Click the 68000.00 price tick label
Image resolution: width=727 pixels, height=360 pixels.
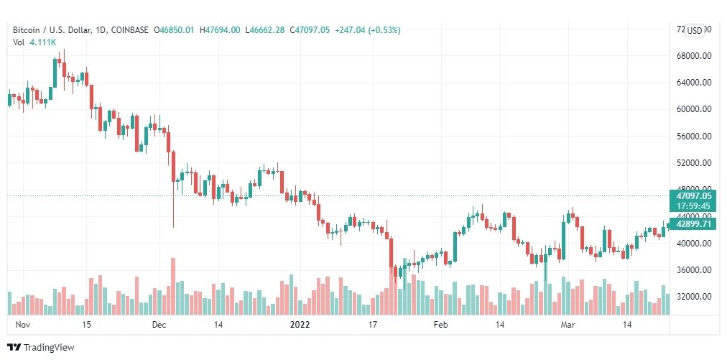click(695, 56)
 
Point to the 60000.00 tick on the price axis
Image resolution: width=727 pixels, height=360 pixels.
click(695, 109)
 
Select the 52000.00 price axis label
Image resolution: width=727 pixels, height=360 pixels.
click(695, 163)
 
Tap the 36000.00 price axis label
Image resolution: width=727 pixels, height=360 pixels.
click(695, 270)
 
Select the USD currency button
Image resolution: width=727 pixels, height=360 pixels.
click(695, 30)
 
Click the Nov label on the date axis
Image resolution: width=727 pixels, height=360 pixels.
click(22, 325)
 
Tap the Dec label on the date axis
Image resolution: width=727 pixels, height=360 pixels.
click(159, 325)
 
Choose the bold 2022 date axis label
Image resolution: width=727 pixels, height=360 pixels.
click(300, 325)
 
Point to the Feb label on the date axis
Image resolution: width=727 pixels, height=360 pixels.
click(440, 325)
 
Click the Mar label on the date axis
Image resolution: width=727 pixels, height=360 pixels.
click(568, 325)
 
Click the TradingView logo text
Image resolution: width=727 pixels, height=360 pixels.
click(49, 348)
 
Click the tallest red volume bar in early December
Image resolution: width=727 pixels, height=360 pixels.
click(173, 286)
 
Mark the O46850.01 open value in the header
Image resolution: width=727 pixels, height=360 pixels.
click(175, 30)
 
